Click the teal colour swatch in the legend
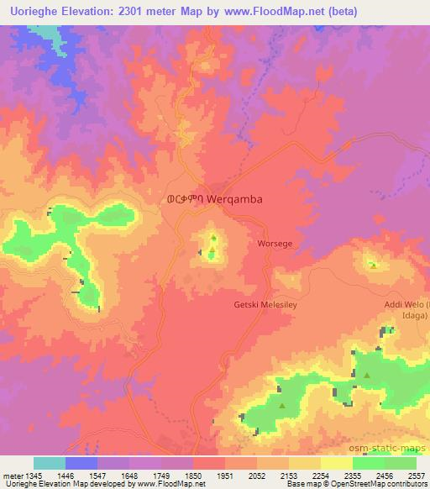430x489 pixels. (x=50, y=463)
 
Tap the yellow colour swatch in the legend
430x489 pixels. (x=336, y=463)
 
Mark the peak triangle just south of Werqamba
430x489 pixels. (x=212, y=239)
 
